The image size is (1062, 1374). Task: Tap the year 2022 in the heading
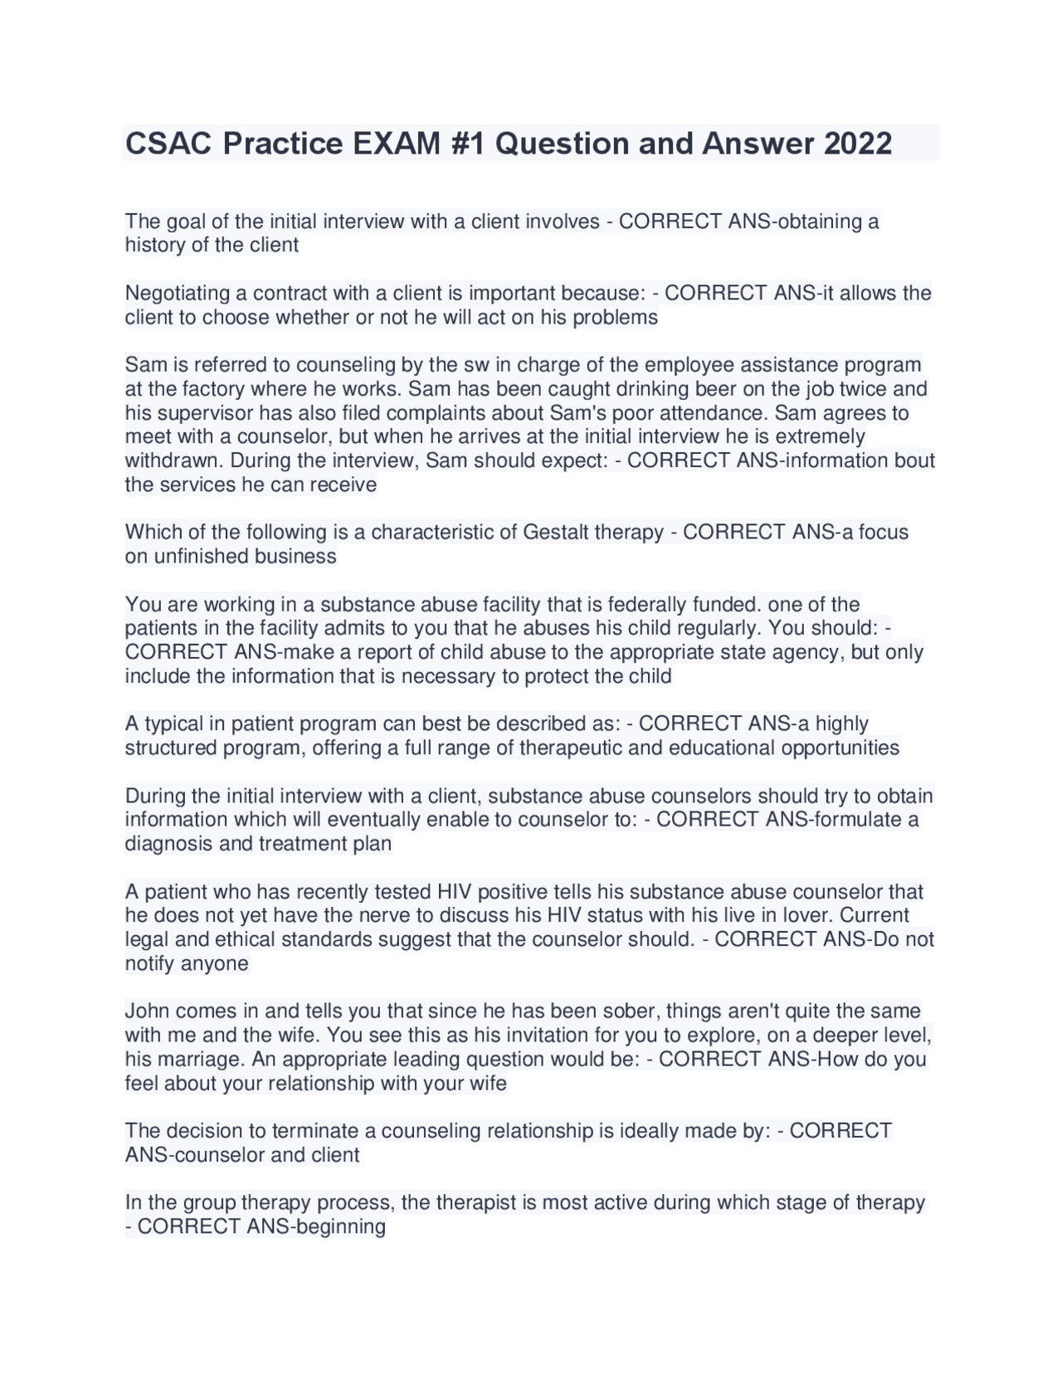point(857,144)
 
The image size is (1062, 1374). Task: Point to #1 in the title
point(470,144)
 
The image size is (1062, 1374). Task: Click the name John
point(146,1011)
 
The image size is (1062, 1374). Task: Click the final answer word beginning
point(335,1227)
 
